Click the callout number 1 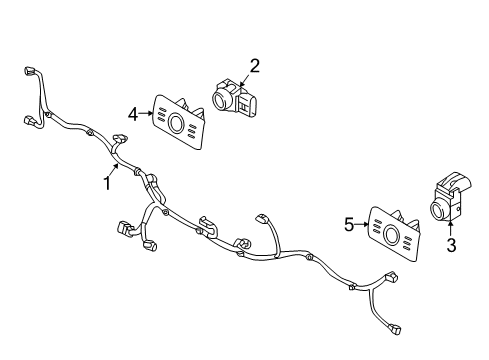[105, 183]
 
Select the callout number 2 [254, 66]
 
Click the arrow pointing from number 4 [146, 114]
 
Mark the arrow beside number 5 [362, 226]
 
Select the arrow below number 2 [246, 79]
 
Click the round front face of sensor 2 [220, 100]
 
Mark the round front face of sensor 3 [438, 210]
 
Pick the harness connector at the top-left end [26, 73]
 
